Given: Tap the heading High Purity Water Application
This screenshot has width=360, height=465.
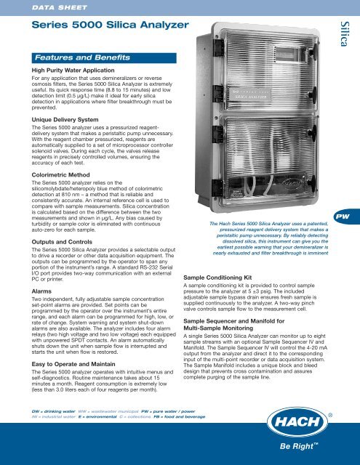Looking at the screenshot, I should click(x=79, y=73).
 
